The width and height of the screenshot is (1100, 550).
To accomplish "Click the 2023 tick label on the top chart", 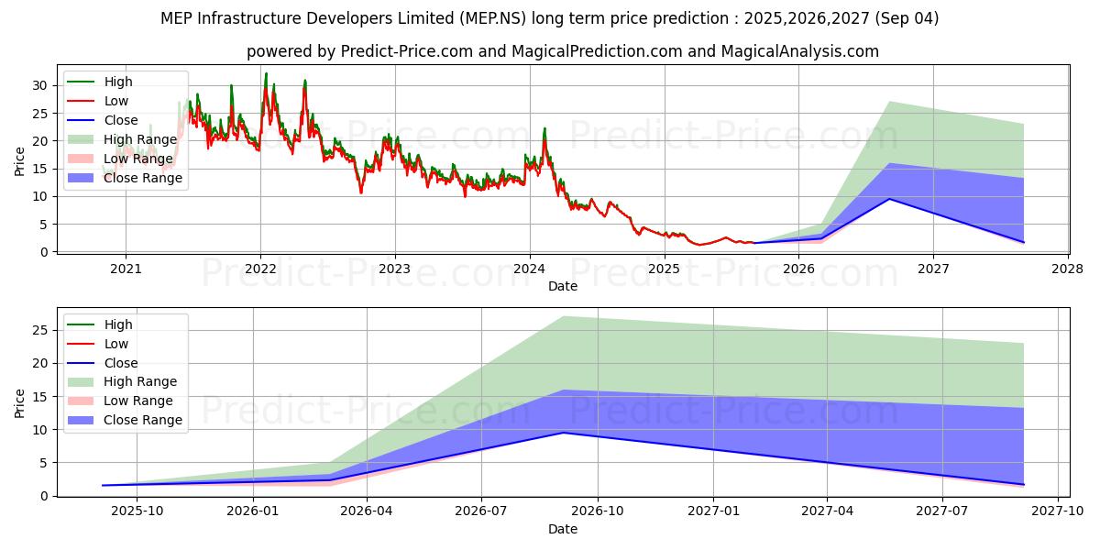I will click(395, 269).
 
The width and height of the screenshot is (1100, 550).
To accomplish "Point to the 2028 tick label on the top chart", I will click(1068, 269).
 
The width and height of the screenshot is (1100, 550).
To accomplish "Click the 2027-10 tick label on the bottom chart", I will click(1058, 512).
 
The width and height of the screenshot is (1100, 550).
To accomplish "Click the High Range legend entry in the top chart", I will click(132, 139).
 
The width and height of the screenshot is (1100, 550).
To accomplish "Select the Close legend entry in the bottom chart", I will click(121, 363).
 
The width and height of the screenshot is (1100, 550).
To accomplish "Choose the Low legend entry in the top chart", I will click(116, 101).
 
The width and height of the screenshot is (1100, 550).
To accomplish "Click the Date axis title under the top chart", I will click(563, 286).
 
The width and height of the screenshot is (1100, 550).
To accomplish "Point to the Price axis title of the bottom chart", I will click(20, 401).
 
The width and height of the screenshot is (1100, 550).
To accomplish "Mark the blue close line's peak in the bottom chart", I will click(563, 433).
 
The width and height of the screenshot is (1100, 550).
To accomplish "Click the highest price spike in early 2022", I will click(266, 73).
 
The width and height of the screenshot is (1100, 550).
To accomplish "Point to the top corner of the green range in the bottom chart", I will click(563, 316).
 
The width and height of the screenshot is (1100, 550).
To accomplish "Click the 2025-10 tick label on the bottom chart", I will click(137, 512).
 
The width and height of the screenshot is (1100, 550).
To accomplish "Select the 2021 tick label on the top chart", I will click(126, 269).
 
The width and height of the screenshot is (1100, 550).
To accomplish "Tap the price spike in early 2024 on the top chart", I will click(544, 128).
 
